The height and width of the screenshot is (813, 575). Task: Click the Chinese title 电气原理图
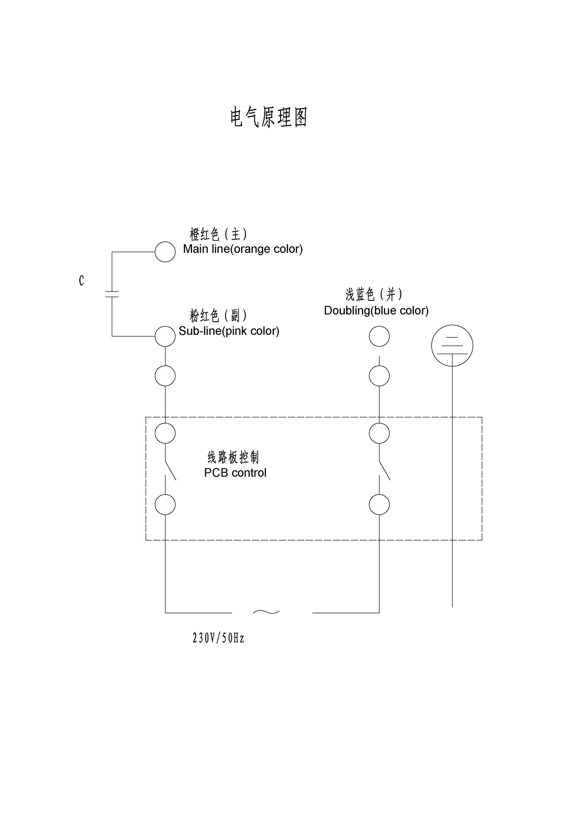pos(268,117)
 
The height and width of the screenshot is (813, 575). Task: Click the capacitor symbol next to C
pos(112,294)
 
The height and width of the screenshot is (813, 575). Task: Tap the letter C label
pos(81,280)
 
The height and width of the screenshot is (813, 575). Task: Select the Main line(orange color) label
pos(243,249)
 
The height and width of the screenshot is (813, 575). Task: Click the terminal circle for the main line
pos(165,252)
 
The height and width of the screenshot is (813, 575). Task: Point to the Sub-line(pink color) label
pos(229,331)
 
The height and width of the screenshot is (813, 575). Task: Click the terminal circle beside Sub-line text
pos(165,336)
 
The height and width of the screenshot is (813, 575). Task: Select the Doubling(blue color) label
pos(376,311)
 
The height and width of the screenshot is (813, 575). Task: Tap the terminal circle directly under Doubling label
pos(379,336)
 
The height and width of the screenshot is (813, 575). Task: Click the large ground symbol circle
pos(452,345)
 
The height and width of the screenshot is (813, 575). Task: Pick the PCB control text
pos(235,473)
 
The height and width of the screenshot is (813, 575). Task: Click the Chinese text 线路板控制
pos(233,457)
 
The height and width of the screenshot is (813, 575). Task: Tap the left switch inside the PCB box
pos(170,470)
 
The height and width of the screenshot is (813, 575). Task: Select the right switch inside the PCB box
pos(384,470)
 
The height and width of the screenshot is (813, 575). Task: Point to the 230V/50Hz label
pos(218,638)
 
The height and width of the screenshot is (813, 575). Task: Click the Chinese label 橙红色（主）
pos(218,234)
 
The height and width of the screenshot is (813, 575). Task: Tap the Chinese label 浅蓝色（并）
pos(374,294)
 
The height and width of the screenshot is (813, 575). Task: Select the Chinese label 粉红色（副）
pos(218,315)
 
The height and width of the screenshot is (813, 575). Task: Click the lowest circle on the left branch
pos(165,504)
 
